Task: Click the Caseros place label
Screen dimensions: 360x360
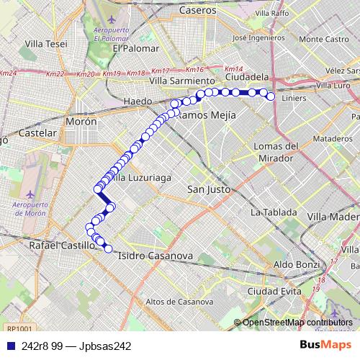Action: click(198, 11)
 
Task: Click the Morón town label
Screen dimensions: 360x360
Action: click(81, 122)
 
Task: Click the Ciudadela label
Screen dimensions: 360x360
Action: click(247, 76)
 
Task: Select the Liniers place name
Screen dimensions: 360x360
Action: click(296, 98)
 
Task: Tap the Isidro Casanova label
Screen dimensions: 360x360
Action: click(155, 256)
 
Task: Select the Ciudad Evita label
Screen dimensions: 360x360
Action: click(274, 291)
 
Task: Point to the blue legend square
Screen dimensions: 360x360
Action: click(9, 346)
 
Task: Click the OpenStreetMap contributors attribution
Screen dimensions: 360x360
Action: click(297, 323)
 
